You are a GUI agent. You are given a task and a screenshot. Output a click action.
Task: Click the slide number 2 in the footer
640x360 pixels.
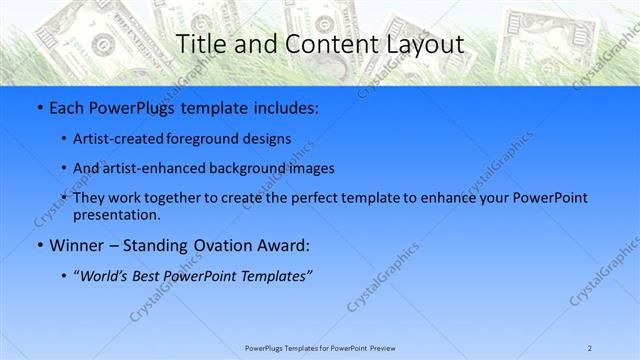(590, 347)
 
